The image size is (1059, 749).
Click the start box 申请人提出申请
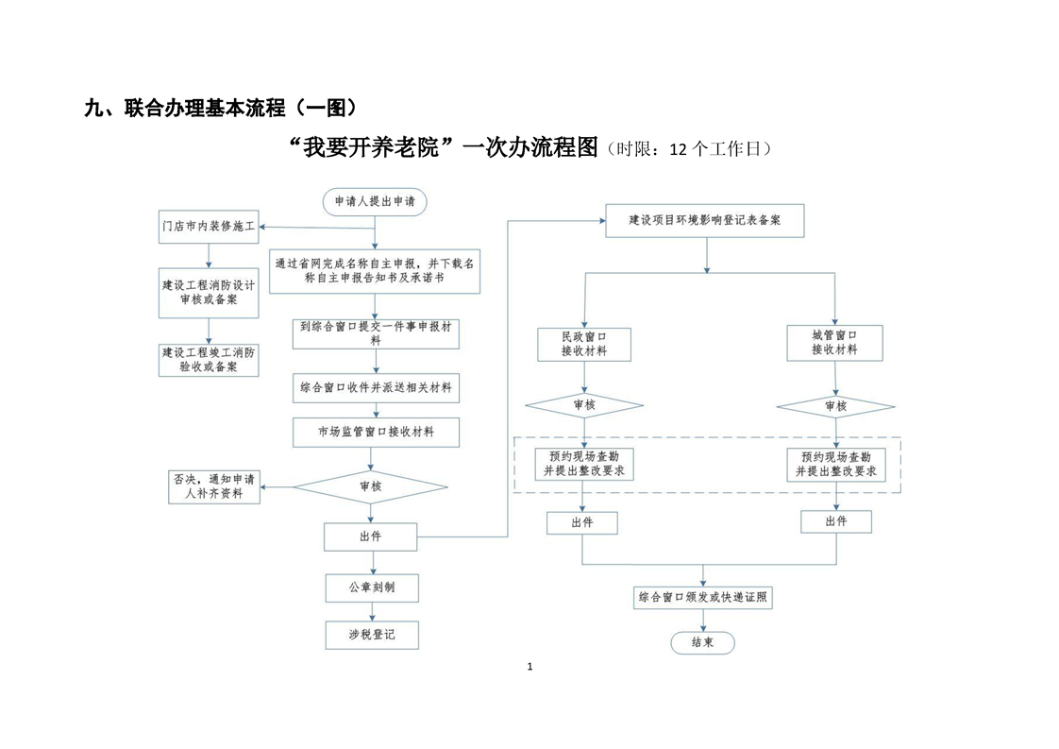click(375, 201)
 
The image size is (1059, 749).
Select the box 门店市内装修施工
click(209, 227)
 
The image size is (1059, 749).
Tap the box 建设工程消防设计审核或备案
click(209, 293)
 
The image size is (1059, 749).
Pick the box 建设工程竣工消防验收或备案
click(209, 360)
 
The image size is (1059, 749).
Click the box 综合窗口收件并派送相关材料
click(377, 388)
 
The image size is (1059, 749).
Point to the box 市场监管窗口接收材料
click(377, 432)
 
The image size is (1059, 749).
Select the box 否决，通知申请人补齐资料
click(214, 486)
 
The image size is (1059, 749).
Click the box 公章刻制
click(372, 588)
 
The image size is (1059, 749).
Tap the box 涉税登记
click(372, 635)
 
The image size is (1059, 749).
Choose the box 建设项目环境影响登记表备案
click(705, 220)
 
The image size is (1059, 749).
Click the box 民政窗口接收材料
click(584, 344)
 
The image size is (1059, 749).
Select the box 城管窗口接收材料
click(834, 343)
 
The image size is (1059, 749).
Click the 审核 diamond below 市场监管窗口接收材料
click(371, 486)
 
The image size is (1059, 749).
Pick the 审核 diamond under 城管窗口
click(836, 406)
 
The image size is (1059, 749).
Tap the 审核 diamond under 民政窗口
click(584, 405)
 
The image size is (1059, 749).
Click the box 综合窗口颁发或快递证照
click(703, 598)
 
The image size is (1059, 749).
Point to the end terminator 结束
click(703, 643)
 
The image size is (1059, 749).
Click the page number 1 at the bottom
click(530, 667)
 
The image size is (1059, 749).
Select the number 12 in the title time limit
click(678, 149)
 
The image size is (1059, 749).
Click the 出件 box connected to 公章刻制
click(371, 536)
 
